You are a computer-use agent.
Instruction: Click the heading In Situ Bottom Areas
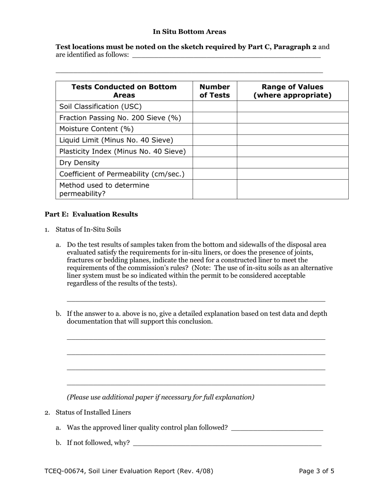pyautogui.click(x=189, y=32)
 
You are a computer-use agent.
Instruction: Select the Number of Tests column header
pyautogui.click(x=215, y=91)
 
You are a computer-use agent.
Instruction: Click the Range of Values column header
pyautogui.click(x=292, y=91)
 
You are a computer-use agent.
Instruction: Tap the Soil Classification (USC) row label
pyautogui.click(x=101, y=107)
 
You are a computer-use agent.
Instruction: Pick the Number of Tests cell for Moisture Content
pyautogui.click(x=215, y=129)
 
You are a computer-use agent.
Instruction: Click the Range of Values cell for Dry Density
pyautogui.click(x=292, y=162)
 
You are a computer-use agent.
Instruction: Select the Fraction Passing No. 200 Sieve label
pyautogui.click(x=120, y=118)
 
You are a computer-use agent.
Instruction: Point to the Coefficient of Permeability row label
pyautogui.click(x=122, y=174)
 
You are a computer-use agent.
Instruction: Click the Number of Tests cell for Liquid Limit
pyautogui.click(x=215, y=140)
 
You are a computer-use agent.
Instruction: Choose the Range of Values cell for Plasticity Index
pyautogui.click(x=292, y=151)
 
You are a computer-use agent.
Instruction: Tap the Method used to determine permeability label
pyautogui.click(x=104, y=190)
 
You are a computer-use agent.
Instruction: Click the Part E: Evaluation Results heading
pyautogui.click(x=91, y=214)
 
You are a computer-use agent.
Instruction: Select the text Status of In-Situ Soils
pyautogui.click(x=88, y=230)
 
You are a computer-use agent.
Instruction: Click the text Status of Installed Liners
pyautogui.click(x=93, y=412)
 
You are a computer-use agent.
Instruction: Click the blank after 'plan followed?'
pyautogui.click(x=277, y=428)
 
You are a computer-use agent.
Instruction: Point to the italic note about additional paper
pyautogui.click(x=160, y=397)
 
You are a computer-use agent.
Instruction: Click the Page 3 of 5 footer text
pyautogui.click(x=316, y=471)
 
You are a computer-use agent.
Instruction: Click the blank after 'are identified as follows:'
pyautogui.click(x=226, y=55)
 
